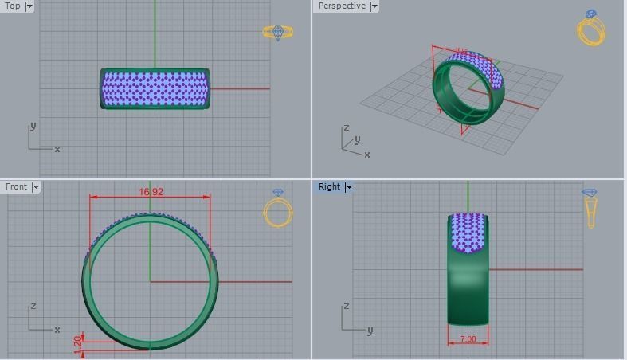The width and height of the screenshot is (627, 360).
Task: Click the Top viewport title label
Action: (x=13, y=6)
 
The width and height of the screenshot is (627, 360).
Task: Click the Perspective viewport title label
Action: (x=342, y=6)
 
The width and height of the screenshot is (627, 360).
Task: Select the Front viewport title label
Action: (x=16, y=186)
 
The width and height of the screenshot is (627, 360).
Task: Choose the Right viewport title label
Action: (x=329, y=186)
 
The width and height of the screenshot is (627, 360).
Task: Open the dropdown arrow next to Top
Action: (x=29, y=6)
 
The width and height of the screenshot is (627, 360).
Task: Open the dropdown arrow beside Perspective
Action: (x=374, y=6)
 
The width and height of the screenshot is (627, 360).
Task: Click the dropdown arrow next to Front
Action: (x=35, y=186)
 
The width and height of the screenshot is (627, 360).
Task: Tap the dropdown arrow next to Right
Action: (x=348, y=186)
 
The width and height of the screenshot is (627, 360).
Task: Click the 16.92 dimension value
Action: (x=151, y=192)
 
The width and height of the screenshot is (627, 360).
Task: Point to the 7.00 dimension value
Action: (x=468, y=339)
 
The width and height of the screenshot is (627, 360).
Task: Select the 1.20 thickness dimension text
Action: (x=77, y=342)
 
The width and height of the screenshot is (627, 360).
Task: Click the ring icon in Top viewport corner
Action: (x=278, y=33)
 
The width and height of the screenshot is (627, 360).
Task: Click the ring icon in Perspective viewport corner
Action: (x=591, y=28)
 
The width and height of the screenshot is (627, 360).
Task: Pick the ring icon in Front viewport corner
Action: (x=278, y=209)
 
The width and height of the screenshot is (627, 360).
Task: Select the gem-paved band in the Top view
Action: (x=155, y=88)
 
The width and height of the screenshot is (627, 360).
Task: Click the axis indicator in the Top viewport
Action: (x=40, y=140)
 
